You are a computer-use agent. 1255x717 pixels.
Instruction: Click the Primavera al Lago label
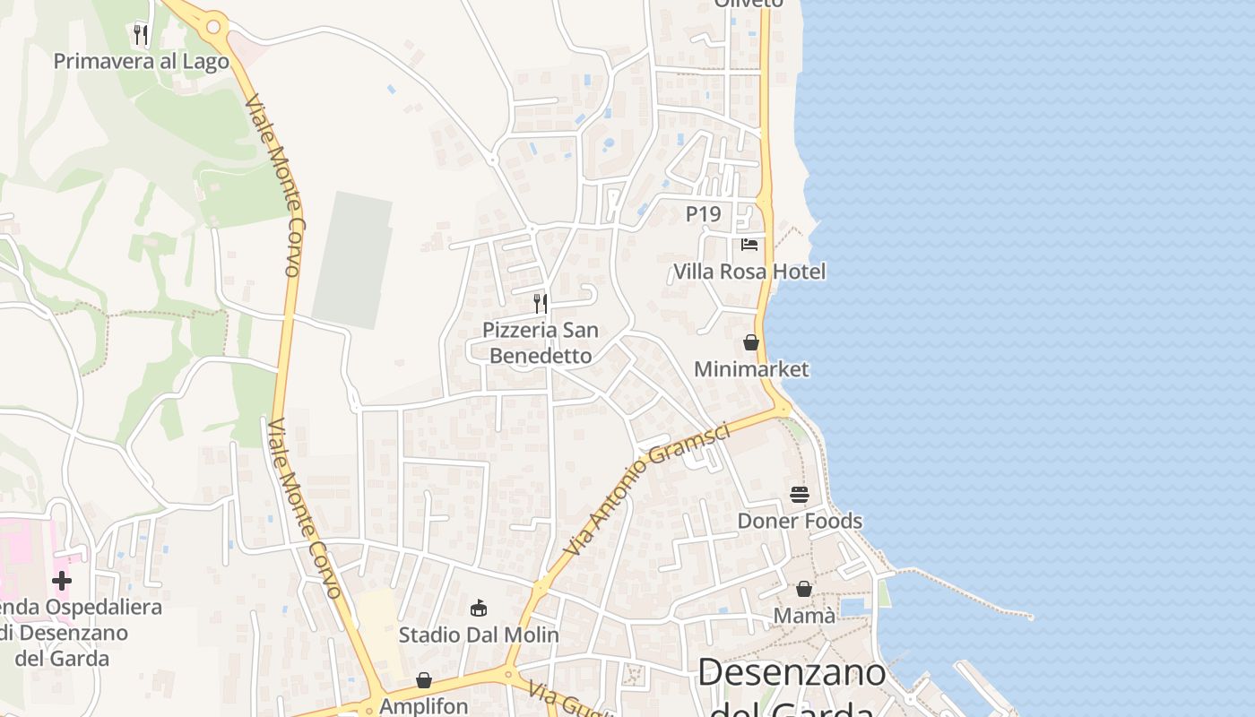[142, 61]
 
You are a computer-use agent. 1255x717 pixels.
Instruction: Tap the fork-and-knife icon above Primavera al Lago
[140, 35]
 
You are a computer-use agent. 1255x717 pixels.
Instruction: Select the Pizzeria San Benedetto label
[540, 342]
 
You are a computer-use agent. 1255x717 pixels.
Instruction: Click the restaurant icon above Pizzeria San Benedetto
[541, 304]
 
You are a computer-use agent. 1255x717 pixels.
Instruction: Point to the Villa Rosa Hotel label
[749, 271]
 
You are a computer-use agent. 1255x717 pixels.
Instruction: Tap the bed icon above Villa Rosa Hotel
[749, 244]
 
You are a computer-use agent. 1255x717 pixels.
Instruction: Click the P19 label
[703, 214]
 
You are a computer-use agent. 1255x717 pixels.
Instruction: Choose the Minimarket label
[751, 368]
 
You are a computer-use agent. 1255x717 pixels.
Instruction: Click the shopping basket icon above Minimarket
[751, 342]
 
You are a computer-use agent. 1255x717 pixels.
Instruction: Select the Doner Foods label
[800, 521]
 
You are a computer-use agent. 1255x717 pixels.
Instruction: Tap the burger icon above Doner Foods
[800, 495]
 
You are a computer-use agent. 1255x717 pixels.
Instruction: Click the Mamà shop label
[804, 616]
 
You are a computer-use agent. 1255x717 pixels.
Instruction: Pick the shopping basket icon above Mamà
[804, 589]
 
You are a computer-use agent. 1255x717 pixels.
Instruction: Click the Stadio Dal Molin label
[479, 635]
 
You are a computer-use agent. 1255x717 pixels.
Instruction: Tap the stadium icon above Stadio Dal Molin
[479, 609]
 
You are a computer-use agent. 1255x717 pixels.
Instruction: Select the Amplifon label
[424, 705]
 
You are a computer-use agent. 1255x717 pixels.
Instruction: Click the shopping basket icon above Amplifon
[424, 680]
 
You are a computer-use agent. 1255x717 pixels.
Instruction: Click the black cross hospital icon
[62, 581]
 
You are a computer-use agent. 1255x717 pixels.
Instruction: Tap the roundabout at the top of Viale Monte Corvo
[213, 27]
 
